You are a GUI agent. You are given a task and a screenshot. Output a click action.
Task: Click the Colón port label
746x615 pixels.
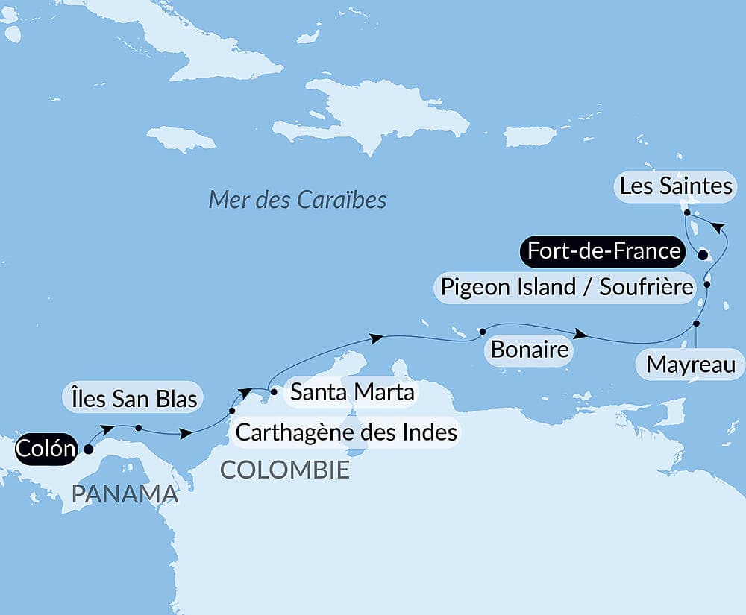coord(46,449)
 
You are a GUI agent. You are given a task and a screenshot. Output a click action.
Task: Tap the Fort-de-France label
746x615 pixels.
coord(604,251)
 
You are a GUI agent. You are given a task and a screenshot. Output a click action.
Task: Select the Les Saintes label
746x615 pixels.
coord(676,186)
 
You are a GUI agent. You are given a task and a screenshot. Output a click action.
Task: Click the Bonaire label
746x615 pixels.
coord(529,350)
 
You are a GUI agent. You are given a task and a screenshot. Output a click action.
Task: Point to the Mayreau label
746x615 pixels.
coord(690,365)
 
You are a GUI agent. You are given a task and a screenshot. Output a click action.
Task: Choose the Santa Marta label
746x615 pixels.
coord(351,391)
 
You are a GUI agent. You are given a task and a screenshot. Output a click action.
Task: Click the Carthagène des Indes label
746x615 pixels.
coord(345,431)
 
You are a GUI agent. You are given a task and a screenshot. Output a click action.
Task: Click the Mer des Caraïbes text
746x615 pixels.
coord(297,200)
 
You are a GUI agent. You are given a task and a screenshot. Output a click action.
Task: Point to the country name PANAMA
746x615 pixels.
coord(125,493)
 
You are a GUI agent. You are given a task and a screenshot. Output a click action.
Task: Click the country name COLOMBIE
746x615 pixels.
coord(284,470)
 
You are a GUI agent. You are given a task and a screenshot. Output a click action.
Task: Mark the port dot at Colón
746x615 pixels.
coord(89,449)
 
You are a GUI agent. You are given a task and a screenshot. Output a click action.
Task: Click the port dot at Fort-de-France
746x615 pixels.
coord(702,255)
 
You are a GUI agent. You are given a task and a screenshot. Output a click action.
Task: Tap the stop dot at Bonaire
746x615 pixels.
coord(483,330)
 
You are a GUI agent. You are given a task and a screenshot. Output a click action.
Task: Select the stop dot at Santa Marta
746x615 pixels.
coord(273,391)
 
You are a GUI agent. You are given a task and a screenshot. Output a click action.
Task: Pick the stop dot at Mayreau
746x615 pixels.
coord(697,324)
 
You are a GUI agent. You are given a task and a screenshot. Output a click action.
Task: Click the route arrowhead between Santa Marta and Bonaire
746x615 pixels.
coord(377,338)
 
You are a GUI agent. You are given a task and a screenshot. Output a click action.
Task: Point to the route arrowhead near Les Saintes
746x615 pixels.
coord(716,226)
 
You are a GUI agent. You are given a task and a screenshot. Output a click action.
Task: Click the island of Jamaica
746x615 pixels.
coord(181,139)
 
